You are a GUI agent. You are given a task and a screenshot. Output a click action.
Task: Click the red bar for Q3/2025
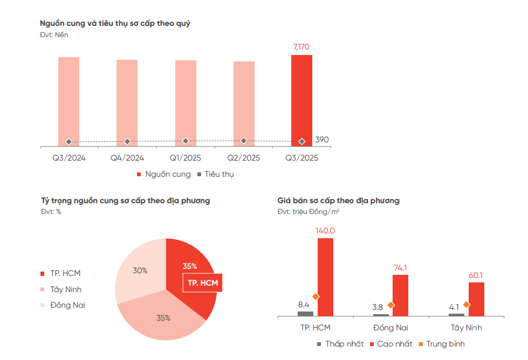301,97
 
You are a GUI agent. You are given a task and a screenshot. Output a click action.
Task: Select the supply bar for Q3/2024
68,97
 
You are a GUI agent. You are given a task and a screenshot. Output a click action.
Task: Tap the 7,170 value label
301,47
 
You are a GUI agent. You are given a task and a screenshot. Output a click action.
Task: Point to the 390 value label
322,140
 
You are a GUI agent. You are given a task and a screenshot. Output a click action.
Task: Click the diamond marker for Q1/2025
186,141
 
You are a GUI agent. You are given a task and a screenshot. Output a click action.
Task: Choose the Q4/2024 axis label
127,158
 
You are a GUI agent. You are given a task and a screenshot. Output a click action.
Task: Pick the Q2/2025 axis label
244,158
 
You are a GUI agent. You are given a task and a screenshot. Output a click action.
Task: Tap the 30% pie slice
139,271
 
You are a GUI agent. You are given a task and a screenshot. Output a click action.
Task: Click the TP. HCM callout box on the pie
202,283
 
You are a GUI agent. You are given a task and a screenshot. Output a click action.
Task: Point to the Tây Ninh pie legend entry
66,289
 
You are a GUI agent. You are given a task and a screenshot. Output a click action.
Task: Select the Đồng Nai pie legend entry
67,305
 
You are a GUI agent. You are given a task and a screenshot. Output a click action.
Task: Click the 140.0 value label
325,231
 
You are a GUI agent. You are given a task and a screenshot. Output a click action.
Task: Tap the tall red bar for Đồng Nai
400,295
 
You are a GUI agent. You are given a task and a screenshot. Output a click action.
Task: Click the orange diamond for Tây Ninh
467,304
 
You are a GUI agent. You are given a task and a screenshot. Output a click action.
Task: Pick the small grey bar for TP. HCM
305,313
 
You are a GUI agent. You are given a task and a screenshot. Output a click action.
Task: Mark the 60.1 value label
476,275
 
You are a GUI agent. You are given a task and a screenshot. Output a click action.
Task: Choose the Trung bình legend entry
445,344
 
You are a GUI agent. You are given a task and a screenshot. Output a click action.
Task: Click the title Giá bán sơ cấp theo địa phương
338,200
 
